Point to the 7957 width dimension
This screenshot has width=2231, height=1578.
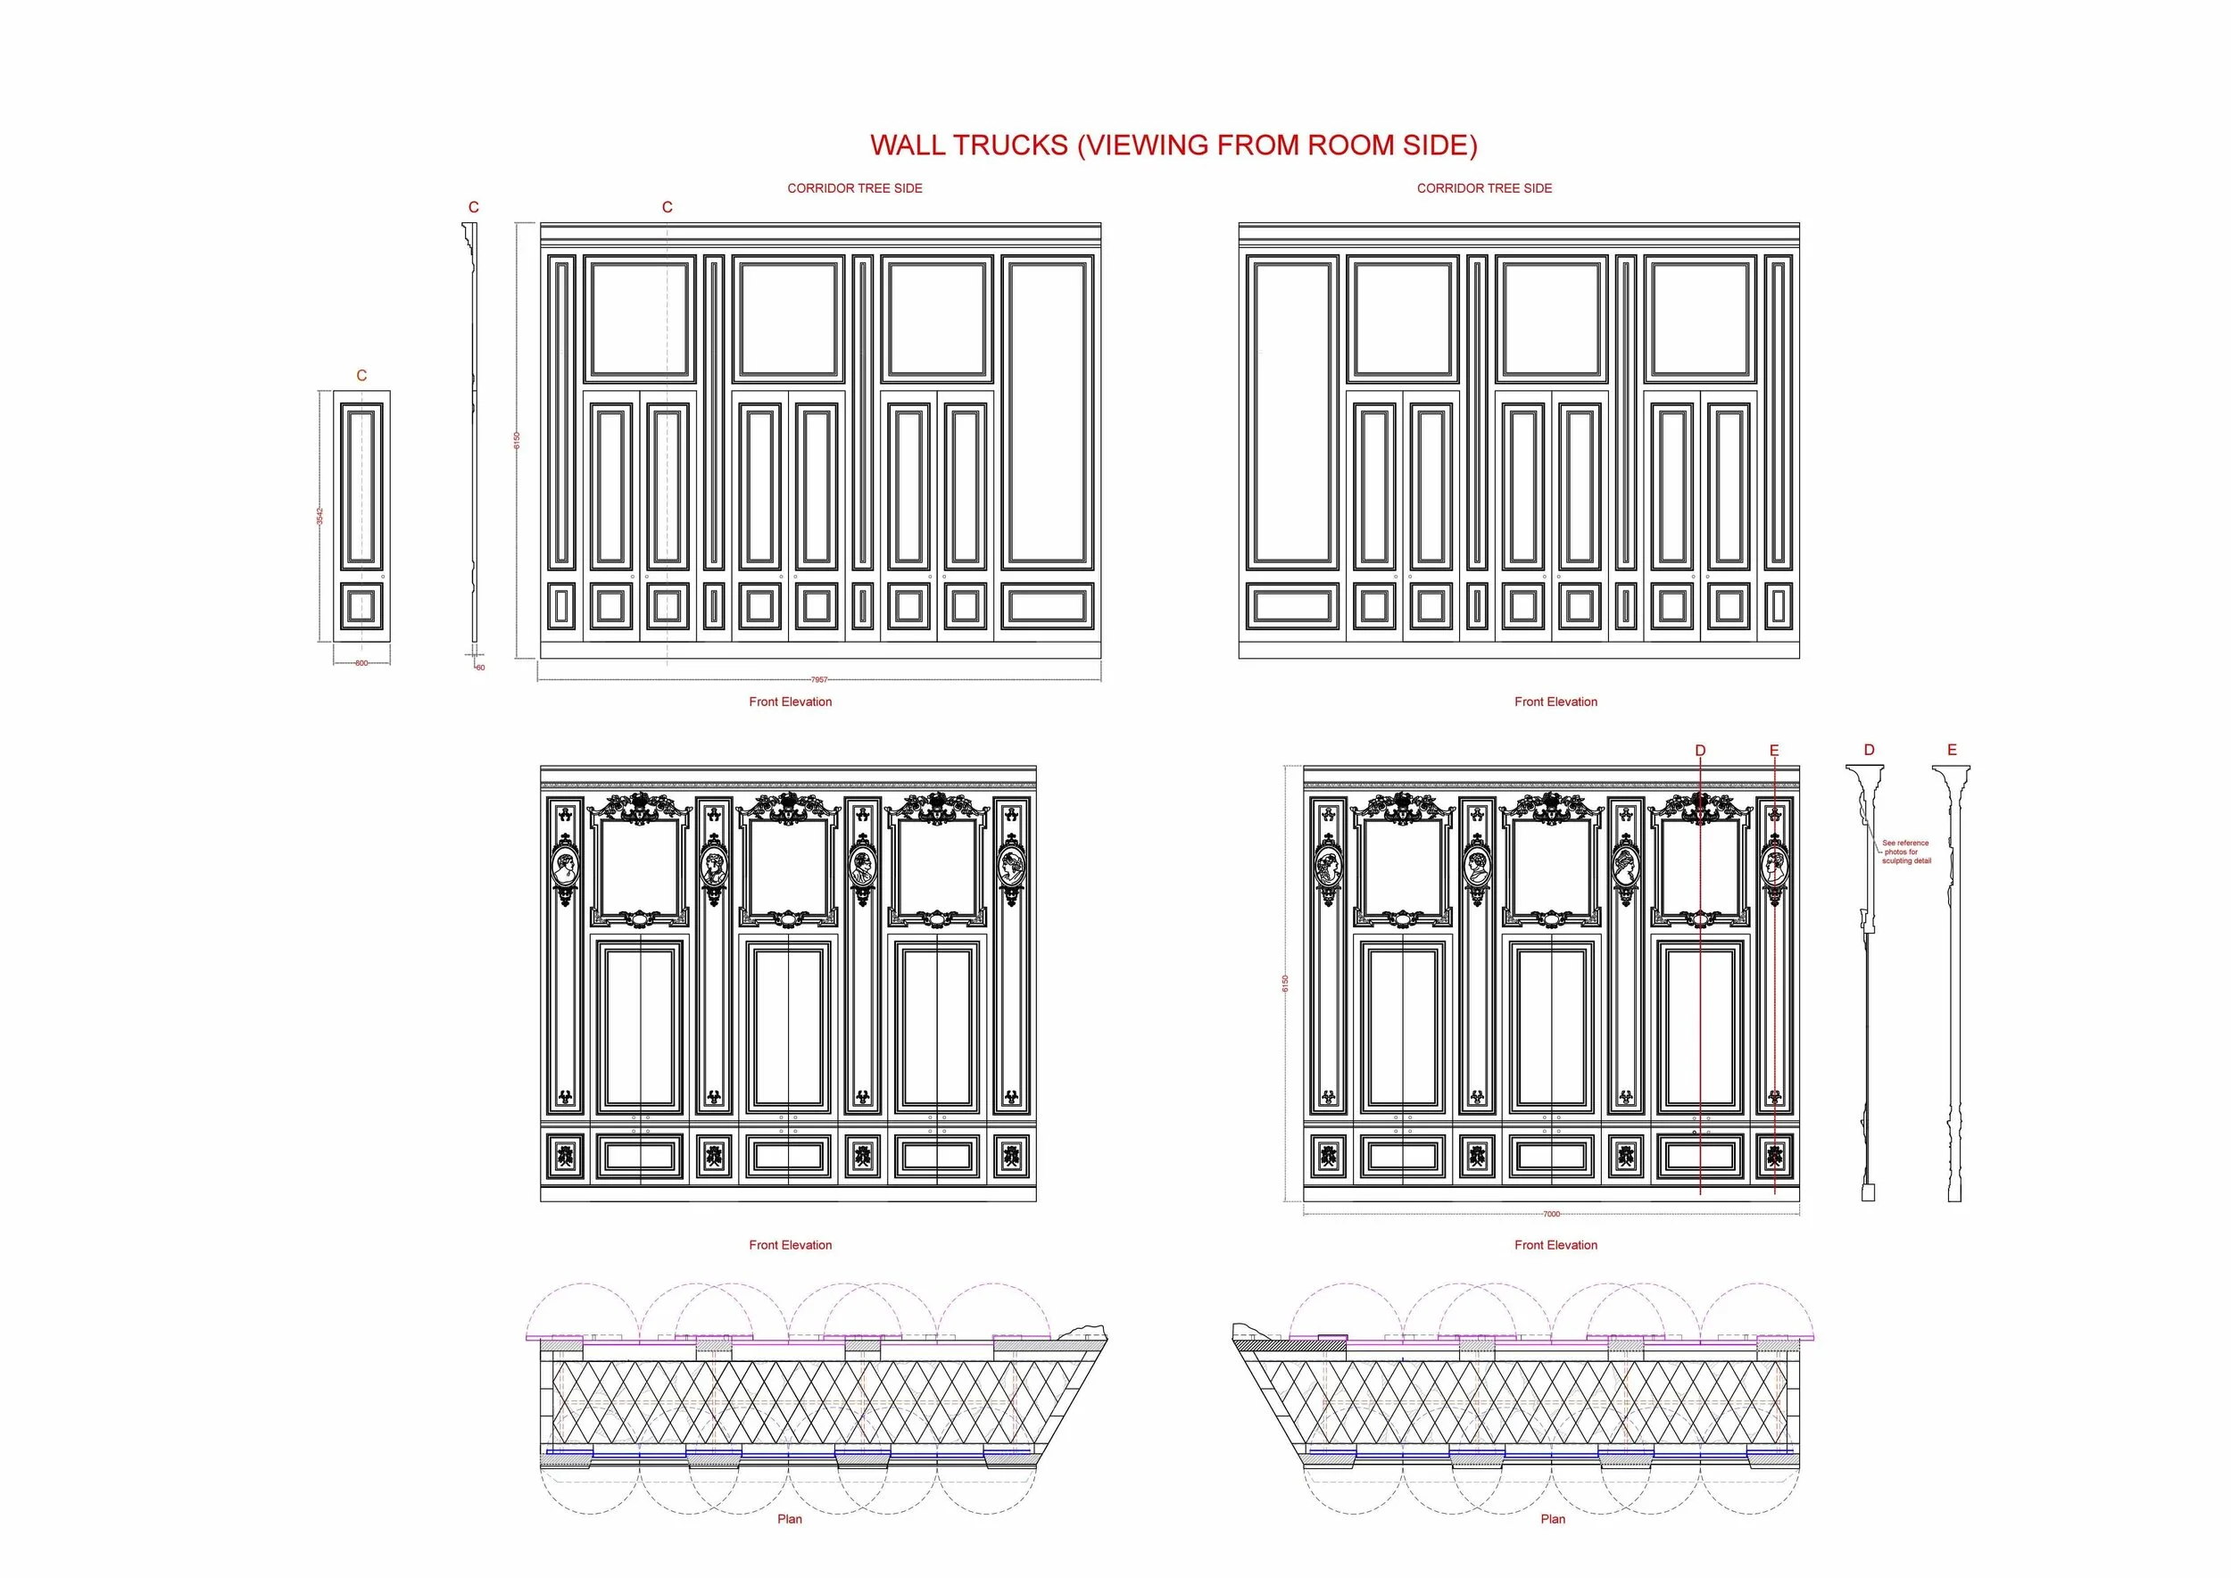coord(819,680)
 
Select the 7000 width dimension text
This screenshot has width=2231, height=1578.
coord(1552,1214)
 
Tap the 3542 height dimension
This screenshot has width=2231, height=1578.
coord(319,516)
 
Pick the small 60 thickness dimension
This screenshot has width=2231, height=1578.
coord(480,668)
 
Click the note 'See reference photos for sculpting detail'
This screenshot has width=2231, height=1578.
coord(1905,852)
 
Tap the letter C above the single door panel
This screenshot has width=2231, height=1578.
coord(361,375)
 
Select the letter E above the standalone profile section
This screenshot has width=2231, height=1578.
coord(1953,750)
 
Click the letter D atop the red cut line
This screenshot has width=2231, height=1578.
coord(1700,750)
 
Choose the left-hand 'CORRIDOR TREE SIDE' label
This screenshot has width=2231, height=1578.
coord(854,188)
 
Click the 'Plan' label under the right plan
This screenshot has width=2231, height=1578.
coord(1553,1519)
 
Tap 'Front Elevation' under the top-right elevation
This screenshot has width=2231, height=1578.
coord(1555,702)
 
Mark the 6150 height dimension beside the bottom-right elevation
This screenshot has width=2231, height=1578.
coord(1284,983)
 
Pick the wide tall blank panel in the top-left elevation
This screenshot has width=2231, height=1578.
coord(1048,412)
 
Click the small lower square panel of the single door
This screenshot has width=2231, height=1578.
coord(361,607)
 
